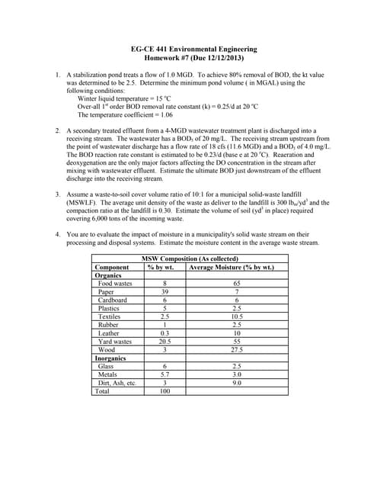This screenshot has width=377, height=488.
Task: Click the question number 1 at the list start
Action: click(x=59, y=75)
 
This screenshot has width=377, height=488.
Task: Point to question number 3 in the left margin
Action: click(x=59, y=194)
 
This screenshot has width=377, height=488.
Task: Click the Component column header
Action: click(x=111, y=268)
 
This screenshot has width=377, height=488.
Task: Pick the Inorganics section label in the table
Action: click(x=111, y=358)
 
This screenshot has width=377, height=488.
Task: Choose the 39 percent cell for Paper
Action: click(x=164, y=292)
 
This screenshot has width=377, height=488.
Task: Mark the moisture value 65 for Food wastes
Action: click(x=237, y=284)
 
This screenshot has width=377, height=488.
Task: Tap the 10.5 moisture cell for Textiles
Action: click(x=237, y=316)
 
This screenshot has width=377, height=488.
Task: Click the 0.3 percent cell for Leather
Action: click(x=164, y=333)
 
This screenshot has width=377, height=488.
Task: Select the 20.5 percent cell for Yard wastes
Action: click(x=164, y=342)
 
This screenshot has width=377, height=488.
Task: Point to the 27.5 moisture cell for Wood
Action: click(x=237, y=349)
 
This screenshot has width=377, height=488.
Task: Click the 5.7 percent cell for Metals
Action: click(x=164, y=374)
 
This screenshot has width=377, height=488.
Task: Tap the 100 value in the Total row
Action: click(x=164, y=391)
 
